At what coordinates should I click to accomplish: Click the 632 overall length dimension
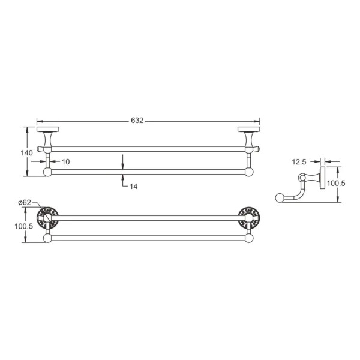tap(137, 121)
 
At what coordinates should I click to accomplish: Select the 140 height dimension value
tap(26, 152)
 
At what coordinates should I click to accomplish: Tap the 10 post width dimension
tap(65, 161)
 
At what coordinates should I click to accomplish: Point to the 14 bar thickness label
tap(133, 186)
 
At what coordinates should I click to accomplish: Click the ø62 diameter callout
tap(25, 203)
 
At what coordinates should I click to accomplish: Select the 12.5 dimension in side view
tap(299, 162)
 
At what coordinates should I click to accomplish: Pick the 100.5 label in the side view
tap(336, 183)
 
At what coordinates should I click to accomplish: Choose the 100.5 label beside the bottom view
tap(24, 226)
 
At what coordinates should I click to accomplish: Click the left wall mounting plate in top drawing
tap(48, 129)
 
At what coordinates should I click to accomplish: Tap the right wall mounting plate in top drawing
tap(249, 129)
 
